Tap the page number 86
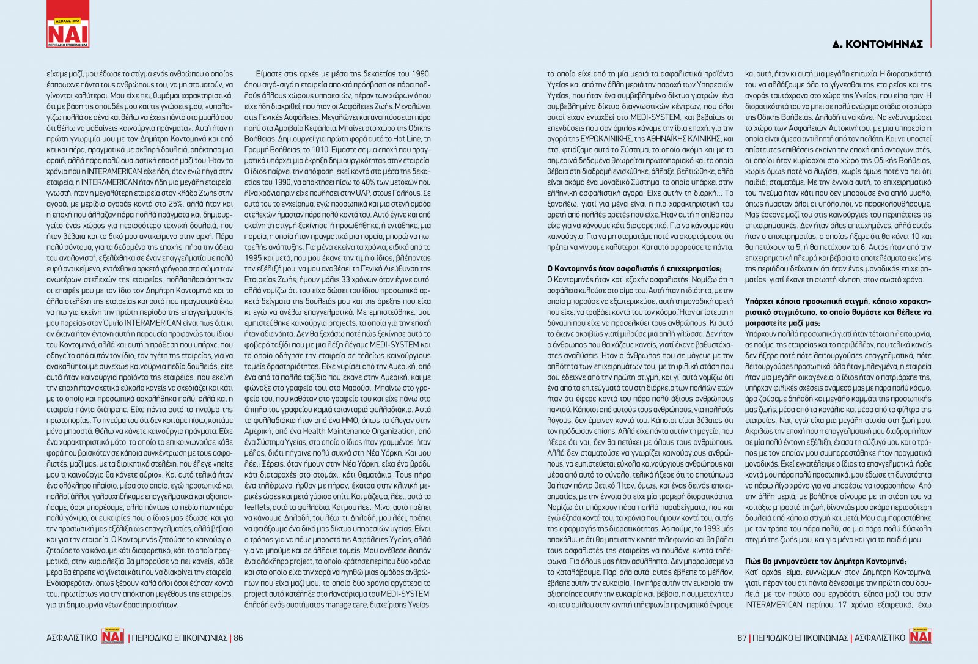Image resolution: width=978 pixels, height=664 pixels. click(238, 638)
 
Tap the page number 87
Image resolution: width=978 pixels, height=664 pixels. click(742, 638)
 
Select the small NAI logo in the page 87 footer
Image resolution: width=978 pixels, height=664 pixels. click(921, 636)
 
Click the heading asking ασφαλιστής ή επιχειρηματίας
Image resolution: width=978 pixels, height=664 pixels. click(634, 268)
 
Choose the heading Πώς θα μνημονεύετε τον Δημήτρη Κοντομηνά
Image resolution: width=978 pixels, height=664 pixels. click(825, 561)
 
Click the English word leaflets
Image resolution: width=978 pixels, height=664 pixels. click(257, 507)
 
